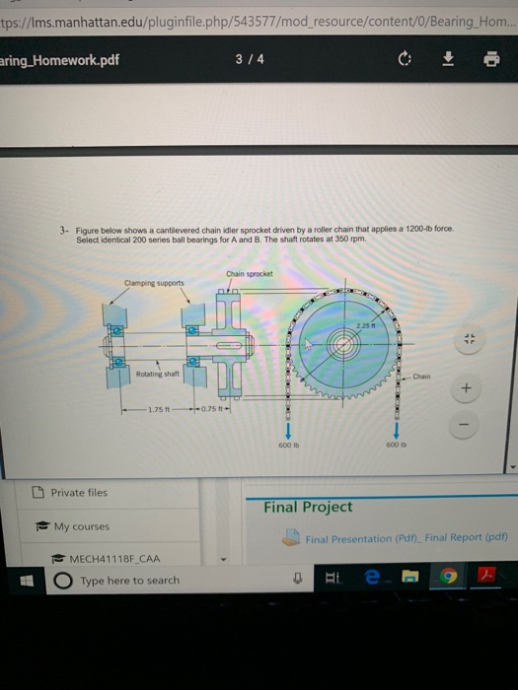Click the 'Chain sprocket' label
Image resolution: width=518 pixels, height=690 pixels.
(x=249, y=274)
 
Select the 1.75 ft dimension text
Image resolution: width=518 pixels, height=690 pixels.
(x=158, y=410)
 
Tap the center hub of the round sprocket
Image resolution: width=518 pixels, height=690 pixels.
(x=343, y=348)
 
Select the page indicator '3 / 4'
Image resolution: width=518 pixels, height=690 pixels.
(x=250, y=58)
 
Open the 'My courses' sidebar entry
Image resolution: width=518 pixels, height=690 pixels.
(x=81, y=526)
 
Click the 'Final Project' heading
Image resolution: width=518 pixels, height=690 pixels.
(x=307, y=507)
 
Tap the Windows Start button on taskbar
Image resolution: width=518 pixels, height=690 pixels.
(x=18, y=580)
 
